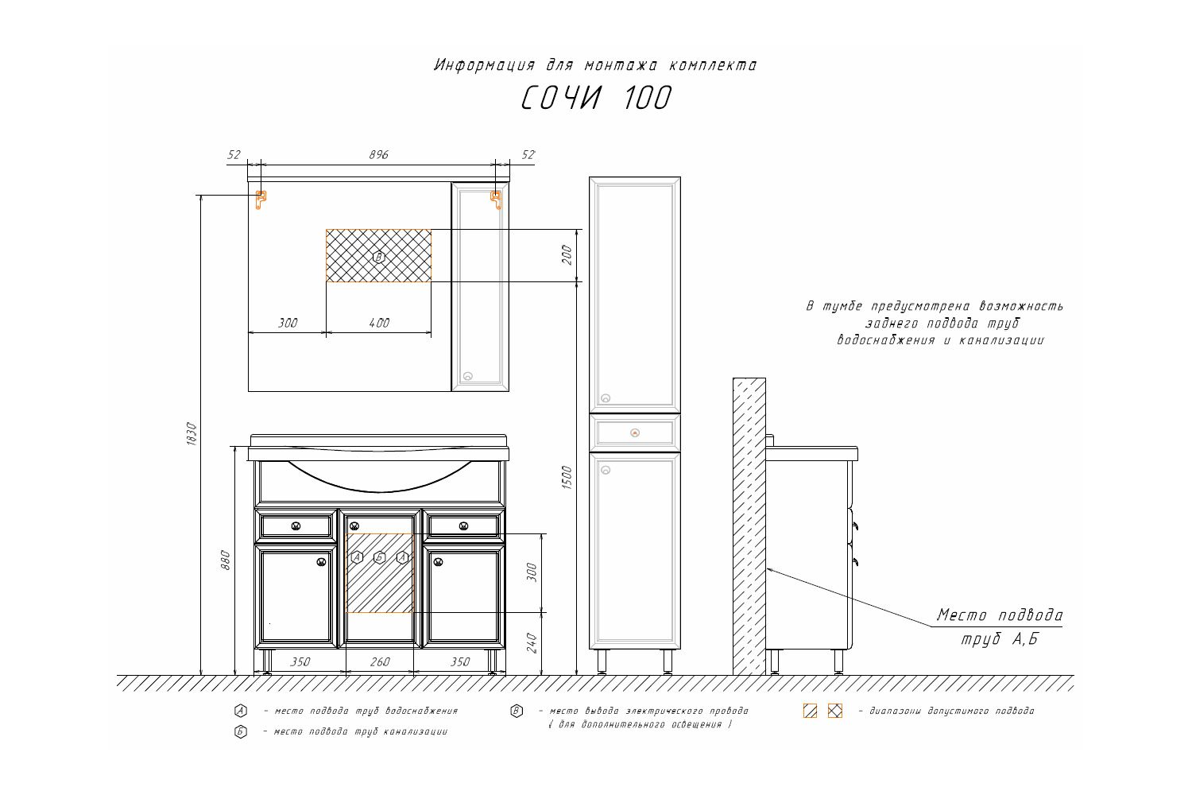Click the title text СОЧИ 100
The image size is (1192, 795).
[596, 99]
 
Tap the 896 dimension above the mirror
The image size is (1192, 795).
[379, 155]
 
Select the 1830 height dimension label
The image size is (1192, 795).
[191, 433]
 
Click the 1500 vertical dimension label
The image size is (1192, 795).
[567, 477]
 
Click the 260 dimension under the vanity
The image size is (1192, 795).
[380, 662]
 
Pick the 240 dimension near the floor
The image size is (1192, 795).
[532, 642]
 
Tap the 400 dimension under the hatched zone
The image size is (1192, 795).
[379, 324]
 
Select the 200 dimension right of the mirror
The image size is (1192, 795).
[567, 255]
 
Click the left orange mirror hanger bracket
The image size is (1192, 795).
[260, 199]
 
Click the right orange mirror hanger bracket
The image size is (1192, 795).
[497, 199]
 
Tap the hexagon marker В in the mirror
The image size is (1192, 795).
[379, 257]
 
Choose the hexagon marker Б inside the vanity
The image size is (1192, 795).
[380, 557]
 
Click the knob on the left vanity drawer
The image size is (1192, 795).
[296, 525]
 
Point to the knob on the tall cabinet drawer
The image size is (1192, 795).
[634, 433]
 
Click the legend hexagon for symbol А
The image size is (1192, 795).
[241, 711]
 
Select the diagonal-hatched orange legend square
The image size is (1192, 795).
[811, 711]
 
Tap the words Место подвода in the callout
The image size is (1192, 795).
[999, 615]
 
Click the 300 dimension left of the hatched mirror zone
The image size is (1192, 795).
[288, 324]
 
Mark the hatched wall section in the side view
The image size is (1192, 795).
[749, 525]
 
